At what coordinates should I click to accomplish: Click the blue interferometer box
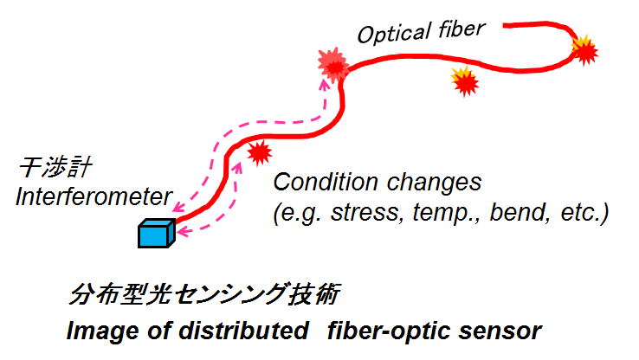(x=157, y=234)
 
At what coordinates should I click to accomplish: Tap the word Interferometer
(x=94, y=196)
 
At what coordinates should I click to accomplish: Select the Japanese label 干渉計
(x=55, y=166)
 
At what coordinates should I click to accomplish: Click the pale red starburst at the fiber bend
(x=333, y=65)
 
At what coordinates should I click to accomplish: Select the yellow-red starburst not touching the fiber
(x=465, y=81)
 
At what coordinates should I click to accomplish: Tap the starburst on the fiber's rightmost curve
(x=584, y=50)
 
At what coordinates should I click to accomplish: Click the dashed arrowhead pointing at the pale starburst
(x=325, y=84)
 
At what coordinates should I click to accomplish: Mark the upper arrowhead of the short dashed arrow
(x=237, y=166)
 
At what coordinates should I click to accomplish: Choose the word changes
(x=434, y=182)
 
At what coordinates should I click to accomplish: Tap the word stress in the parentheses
(x=365, y=212)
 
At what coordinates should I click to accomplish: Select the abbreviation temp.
(x=447, y=213)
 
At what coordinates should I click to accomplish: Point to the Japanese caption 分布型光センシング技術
(x=203, y=293)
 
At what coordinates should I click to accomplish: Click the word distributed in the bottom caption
(x=243, y=331)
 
